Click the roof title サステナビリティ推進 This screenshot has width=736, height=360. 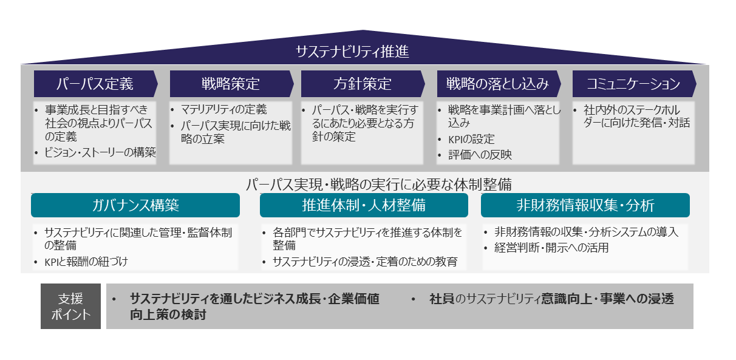[352, 52]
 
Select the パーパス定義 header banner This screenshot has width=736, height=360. [95, 84]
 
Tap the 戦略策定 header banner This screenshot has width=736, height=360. [231, 84]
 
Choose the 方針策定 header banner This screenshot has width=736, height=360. [363, 84]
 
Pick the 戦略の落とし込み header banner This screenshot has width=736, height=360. [498, 84]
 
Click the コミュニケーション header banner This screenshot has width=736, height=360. [633, 84]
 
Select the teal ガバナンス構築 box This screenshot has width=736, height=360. [135, 205]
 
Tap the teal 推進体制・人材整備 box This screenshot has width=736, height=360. [364, 205]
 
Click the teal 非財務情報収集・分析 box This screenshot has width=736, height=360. [585, 205]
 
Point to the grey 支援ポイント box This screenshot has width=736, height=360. [70, 307]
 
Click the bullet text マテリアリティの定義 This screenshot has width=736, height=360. [224, 110]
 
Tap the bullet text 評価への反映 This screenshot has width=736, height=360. [480, 155]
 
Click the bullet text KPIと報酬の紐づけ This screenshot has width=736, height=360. [86, 262]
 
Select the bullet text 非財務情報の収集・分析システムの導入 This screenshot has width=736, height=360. [586, 231]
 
